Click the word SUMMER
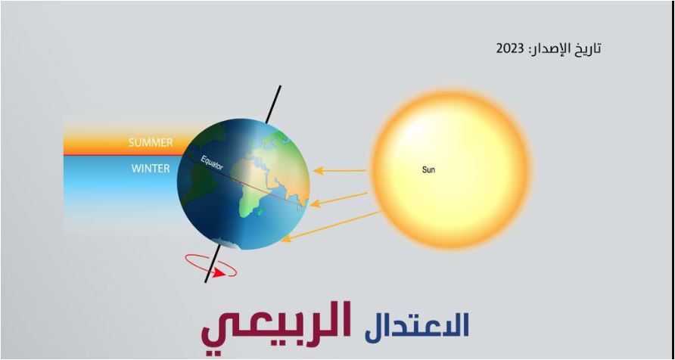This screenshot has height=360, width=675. (150, 142)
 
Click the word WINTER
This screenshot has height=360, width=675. (150, 169)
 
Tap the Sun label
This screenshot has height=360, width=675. (428, 170)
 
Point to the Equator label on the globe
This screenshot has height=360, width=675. (212, 162)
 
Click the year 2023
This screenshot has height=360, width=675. (510, 49)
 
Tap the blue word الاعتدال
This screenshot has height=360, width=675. (417, 325)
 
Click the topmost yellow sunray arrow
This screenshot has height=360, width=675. (340, 171)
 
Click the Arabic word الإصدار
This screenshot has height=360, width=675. (548, 49)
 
